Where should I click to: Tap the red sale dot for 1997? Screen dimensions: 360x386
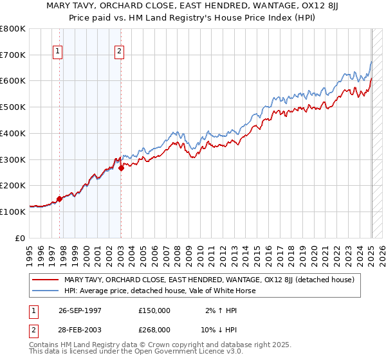point(60,199)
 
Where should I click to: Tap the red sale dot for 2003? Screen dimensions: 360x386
point(121,168)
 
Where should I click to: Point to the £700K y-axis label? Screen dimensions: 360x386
point(13,55)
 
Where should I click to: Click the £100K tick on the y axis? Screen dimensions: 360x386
point(13,212)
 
